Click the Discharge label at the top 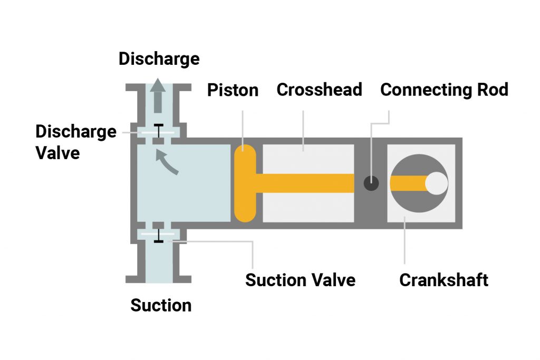(x=159, y=59)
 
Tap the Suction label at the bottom (x=161, y=305)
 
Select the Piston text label (x=233, y=90)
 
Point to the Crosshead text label (x=319, y=90)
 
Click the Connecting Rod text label (x=444, y=90)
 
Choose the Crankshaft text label (x=443, y=279)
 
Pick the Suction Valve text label (x=300, y=279)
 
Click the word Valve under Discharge (x=57, y=152)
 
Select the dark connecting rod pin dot (x=371, y=183)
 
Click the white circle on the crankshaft (x=437, y=183)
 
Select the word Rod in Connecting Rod (x=491, y=90)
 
